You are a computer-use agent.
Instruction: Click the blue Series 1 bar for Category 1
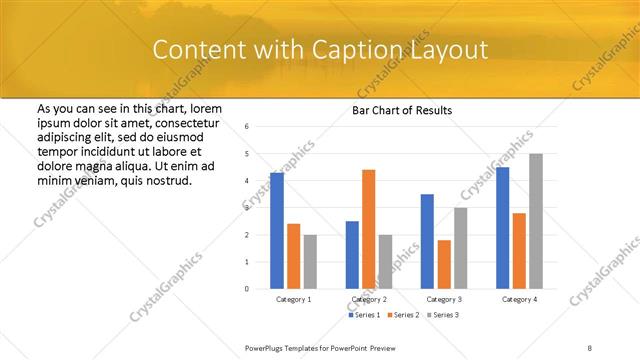(277, 230)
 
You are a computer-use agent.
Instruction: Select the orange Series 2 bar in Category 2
(368, 229)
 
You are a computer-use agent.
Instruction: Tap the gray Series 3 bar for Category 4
(536, 221)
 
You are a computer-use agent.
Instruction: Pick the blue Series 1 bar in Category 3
(427, 241)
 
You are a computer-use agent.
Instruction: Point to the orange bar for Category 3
(444, 264)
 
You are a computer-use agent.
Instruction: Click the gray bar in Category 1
(310, 261)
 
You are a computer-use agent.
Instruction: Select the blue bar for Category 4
(502, 227)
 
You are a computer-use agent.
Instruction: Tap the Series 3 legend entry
(444, 316)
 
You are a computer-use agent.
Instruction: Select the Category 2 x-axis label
(368, 299)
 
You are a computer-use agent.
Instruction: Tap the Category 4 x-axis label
(519, 299)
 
